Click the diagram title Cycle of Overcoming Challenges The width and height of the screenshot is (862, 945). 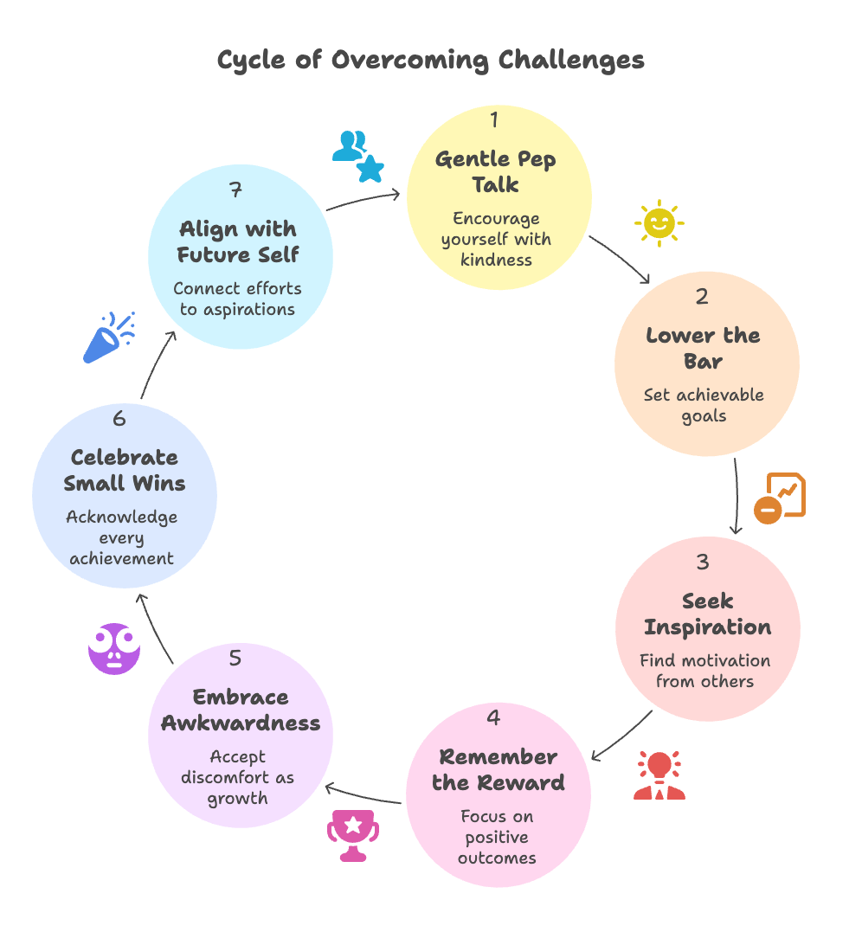click(430, 61)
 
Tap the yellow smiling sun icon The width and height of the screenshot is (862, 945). click(659, 224)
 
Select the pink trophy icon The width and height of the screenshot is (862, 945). click(353, 835)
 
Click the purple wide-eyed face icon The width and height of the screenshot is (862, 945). click(114, 648)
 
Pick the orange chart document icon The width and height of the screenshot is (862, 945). click(780, 498)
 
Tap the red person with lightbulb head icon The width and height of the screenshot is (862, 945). click(659, 775)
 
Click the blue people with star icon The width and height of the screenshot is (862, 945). click(357, 157)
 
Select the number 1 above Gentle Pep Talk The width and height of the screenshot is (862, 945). click(494, 119)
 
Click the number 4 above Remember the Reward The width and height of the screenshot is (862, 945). click(493, 717)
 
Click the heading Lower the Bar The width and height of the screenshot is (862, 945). click(703, 348)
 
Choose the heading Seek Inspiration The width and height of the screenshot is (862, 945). click(707, 614)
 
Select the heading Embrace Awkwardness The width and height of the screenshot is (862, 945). click(241, 710)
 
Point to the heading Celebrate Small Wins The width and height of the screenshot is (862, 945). click(125, 470)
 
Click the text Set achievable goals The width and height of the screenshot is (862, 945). click(704, 405)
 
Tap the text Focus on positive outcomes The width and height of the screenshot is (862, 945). click(498, 837)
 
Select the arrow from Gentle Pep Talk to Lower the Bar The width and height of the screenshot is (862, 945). click(619, 258)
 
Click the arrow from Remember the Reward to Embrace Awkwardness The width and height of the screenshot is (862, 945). click(363, 794)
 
